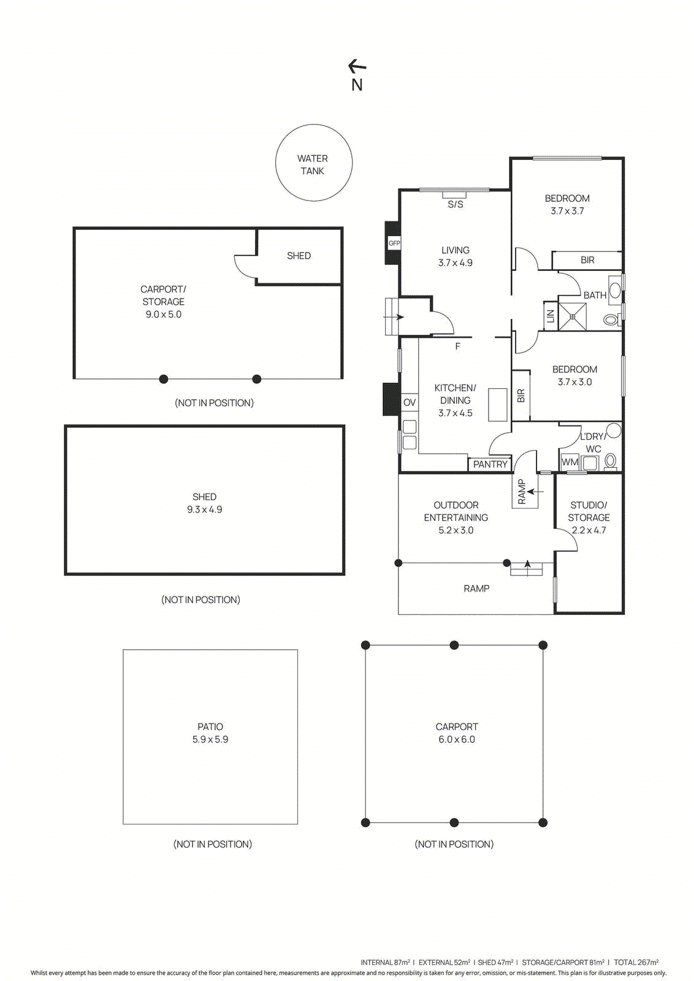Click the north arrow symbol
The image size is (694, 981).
(x=357, y=66)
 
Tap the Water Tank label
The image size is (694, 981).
(x=313, y=164)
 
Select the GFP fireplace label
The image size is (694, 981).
(x=394, y=243)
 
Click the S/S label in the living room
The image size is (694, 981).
(x=455, y=205)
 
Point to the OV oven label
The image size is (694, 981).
(x=409, y=403)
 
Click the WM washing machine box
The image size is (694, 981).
(x=570, y=462)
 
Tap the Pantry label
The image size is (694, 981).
(x=490, y=464)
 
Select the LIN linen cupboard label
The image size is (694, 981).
(x=550, y=316)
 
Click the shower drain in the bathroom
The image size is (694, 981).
(x=572, y=317)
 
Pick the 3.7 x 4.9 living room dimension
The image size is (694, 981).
(x=455, y=263)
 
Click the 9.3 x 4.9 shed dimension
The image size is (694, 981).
(x=204, y=510)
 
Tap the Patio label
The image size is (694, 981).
(x=210, y=727)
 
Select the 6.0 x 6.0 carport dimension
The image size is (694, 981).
(x=456, y=739)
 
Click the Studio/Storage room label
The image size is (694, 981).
(x=589, y=511)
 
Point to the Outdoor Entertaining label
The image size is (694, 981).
(x=456, y=511)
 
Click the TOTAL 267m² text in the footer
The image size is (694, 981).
(x=636, y=963)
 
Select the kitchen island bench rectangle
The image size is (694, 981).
(x=498, y=405)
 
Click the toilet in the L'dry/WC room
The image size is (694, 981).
(x=610, y=460)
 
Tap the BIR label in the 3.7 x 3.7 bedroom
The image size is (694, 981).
(x=587, y=260)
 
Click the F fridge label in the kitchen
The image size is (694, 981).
(x=457, y=346)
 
